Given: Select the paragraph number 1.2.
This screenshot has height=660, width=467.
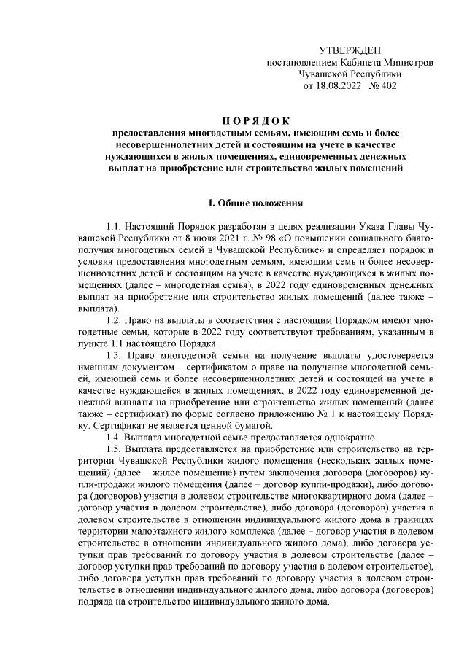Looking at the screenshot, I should [x=115, y=320].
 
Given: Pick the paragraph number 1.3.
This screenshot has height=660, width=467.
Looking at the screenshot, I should [x=115, y=355].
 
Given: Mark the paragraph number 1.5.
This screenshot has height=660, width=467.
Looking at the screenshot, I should [x=115, y=449].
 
